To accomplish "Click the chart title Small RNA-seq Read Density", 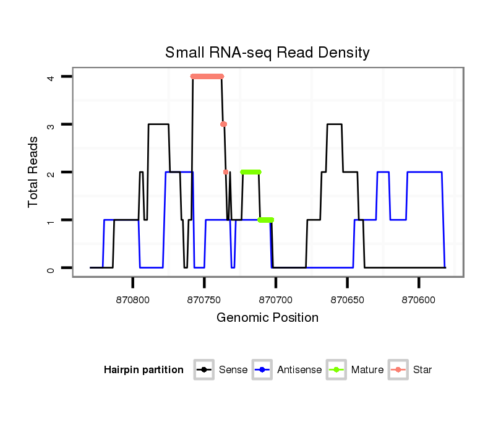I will (267, 53).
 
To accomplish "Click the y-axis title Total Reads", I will (35, 172).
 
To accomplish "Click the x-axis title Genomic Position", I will (267, 318).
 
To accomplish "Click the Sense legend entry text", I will (233, 370).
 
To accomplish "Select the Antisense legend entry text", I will (301, 370).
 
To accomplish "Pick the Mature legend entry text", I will (367, 370).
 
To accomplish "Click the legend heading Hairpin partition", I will (143, 370).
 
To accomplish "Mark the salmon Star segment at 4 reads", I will (207, 77).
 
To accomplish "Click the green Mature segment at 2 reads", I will (250, 172).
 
